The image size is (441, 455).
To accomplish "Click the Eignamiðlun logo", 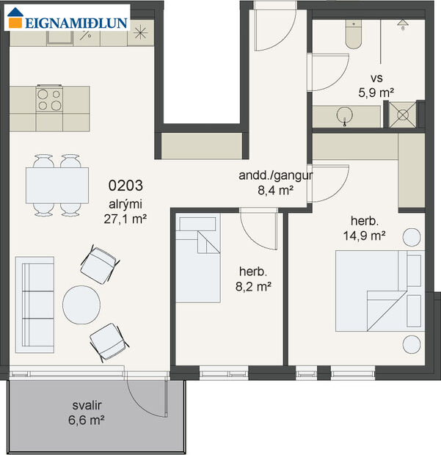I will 68,21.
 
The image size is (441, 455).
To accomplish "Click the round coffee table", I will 81,305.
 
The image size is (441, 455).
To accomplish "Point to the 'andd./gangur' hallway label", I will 276,176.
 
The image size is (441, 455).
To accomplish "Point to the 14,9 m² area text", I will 365,236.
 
